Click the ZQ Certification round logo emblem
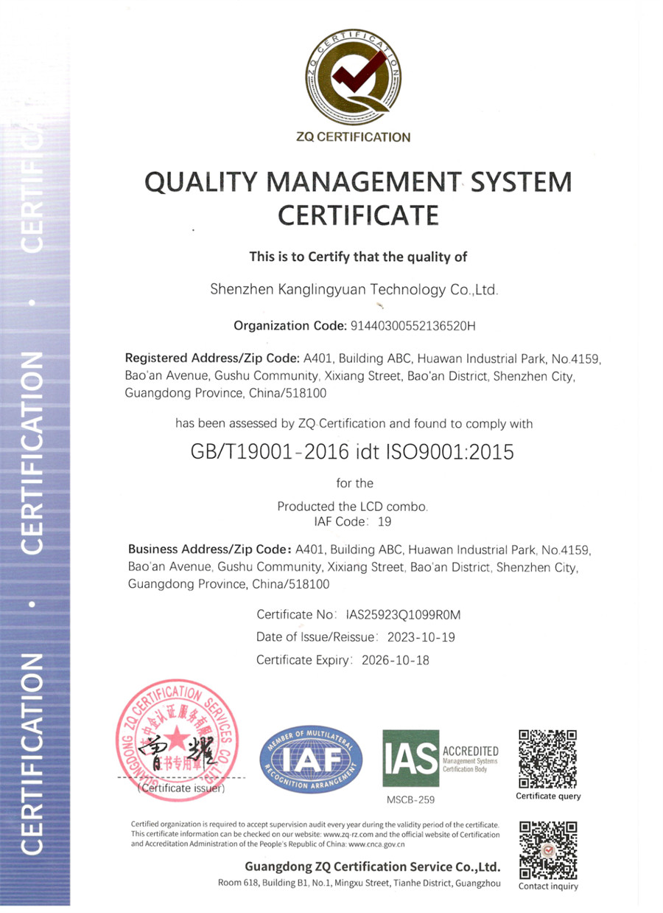pyautogui.click(x=357, y=77)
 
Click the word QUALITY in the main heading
pyautogui.click(x=194, y=182)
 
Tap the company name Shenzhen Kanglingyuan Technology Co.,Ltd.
pyautogui.click(x=355, y=291)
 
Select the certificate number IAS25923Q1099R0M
pyautogui.click(x=402, y=614)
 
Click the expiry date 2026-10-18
pyautogui.click(x=395, y=660)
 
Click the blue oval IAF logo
pyautogui.click(x=312, y=760)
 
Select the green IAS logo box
pyautogui.click(x=410, y=758)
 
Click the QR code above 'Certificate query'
pyautogui.click(x=547, y=758)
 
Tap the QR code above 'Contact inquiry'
pyautogui.click(x=547, y=849)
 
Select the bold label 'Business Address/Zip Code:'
pyautogui.click(x=210, y=549)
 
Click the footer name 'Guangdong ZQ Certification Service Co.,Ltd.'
pyautogui.click(x=373, y=867)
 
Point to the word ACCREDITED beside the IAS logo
pyautogui.click(x=470, y=751)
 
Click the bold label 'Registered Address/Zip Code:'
pyautogui.click(x=213, y=359)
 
